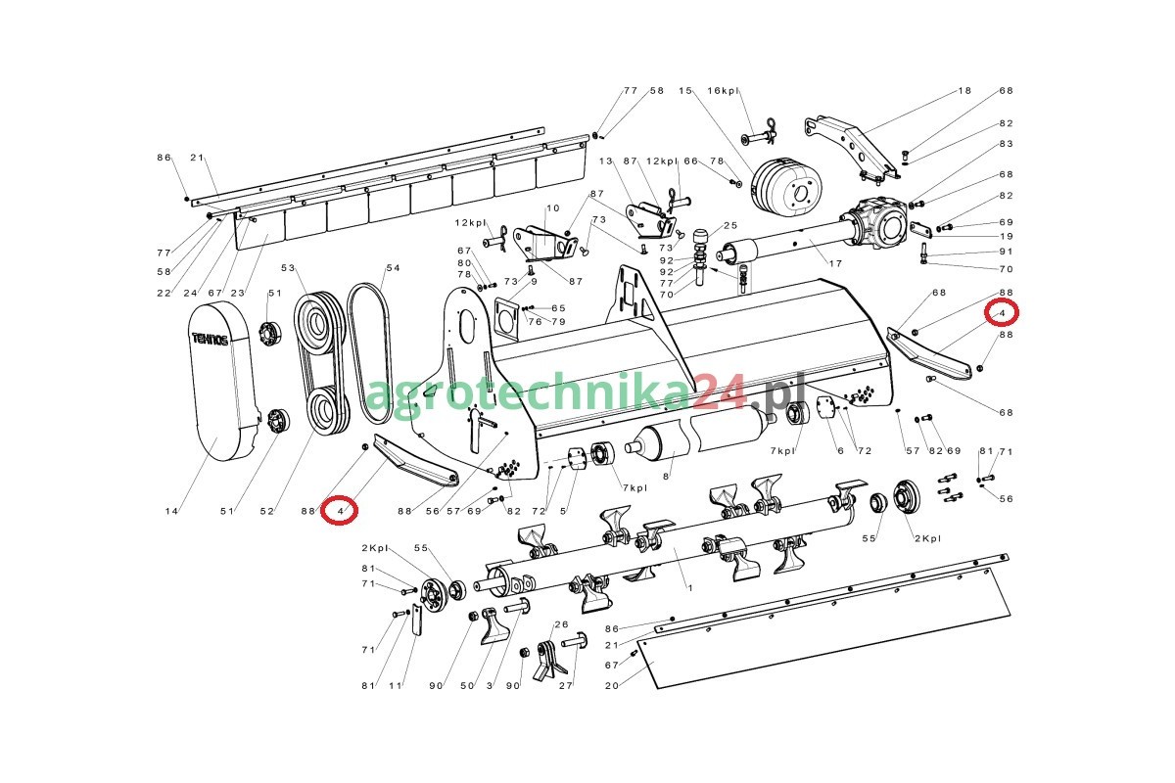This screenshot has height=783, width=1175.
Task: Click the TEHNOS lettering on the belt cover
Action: (210, 339)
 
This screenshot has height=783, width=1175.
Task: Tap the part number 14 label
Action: (171, 511)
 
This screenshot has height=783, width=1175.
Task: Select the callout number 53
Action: (288, 268)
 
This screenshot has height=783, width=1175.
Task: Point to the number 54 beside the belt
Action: (393, 268)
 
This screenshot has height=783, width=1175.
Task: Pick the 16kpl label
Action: (723, 91)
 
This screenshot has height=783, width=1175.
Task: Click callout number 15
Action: (685, 91)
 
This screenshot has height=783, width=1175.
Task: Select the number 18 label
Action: (964, 91)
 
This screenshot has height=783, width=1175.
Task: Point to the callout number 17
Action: (835, 263)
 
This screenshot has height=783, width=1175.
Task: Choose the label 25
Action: (730, 225)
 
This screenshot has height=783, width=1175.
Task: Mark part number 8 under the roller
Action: (666, 477)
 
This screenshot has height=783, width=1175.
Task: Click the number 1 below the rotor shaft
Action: (690, 588)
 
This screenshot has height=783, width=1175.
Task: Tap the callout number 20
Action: (612, 685)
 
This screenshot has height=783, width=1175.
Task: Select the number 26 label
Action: (561, 624)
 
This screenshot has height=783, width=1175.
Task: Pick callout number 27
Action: (566, 685)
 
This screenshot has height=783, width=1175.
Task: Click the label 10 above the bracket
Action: (553, 208)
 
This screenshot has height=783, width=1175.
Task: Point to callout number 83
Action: (1007, 144)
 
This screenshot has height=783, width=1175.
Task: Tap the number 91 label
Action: (1007, 252)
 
